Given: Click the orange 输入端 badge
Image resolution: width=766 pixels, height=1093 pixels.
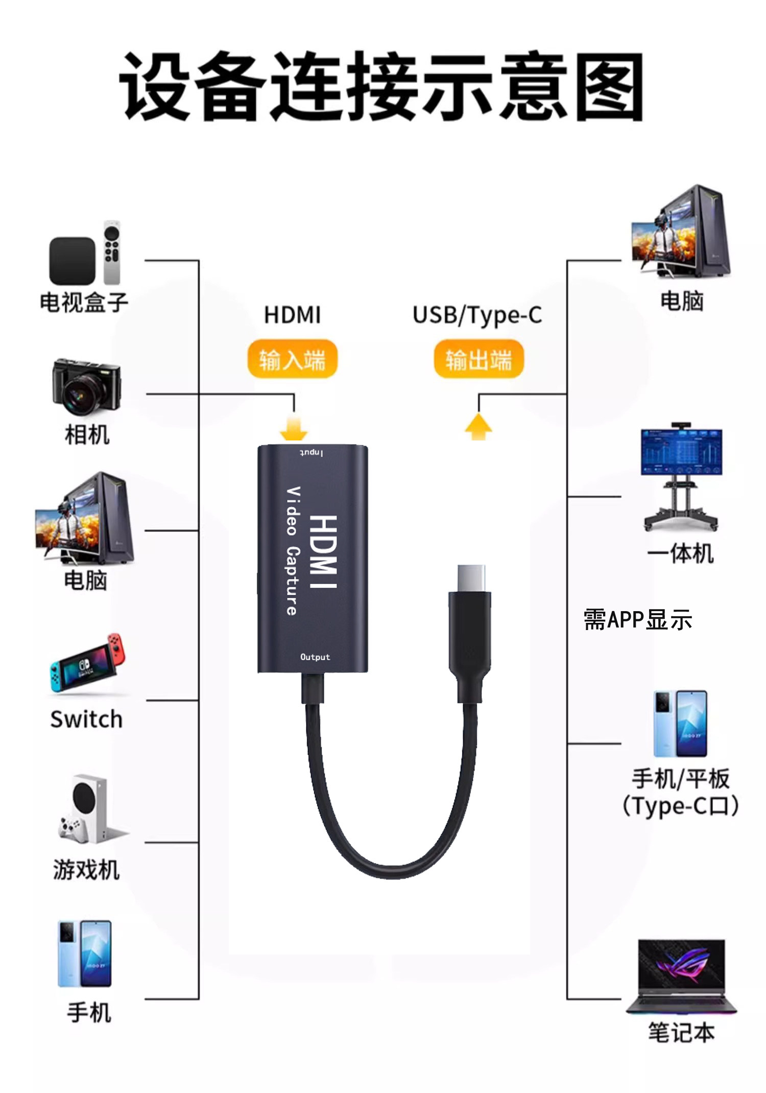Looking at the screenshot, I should tap(292, 359).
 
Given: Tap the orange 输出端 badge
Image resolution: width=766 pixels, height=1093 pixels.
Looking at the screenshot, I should tap(478, 359).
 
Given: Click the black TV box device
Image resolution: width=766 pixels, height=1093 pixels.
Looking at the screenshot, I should tap(72, 261).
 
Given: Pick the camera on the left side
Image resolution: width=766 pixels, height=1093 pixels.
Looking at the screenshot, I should tap(86, 386).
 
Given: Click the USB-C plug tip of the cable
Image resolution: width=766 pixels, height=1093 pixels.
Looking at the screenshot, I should tap(471, 577).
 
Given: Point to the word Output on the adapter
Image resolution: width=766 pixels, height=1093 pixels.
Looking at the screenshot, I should tap(315, 657).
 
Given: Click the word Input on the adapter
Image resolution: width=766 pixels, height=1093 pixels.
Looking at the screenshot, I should tap(311, 453).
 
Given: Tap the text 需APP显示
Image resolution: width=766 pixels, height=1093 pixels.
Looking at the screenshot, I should tap(638, 620).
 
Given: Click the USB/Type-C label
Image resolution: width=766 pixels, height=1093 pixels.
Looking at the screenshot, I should tap(477, 315).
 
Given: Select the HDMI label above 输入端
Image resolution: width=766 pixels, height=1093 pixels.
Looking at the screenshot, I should tap(292, 315).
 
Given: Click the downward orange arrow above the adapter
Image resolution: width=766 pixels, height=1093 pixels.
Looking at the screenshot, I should tap(294, 428).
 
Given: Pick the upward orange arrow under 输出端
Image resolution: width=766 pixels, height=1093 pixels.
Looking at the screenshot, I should tap(478, 427).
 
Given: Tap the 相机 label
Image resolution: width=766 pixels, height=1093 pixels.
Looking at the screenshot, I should tap(87, 435).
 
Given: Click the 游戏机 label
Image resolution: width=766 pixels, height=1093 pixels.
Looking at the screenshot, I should tap(86, 869).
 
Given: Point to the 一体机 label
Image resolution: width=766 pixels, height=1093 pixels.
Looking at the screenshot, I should tap(680, 553).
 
